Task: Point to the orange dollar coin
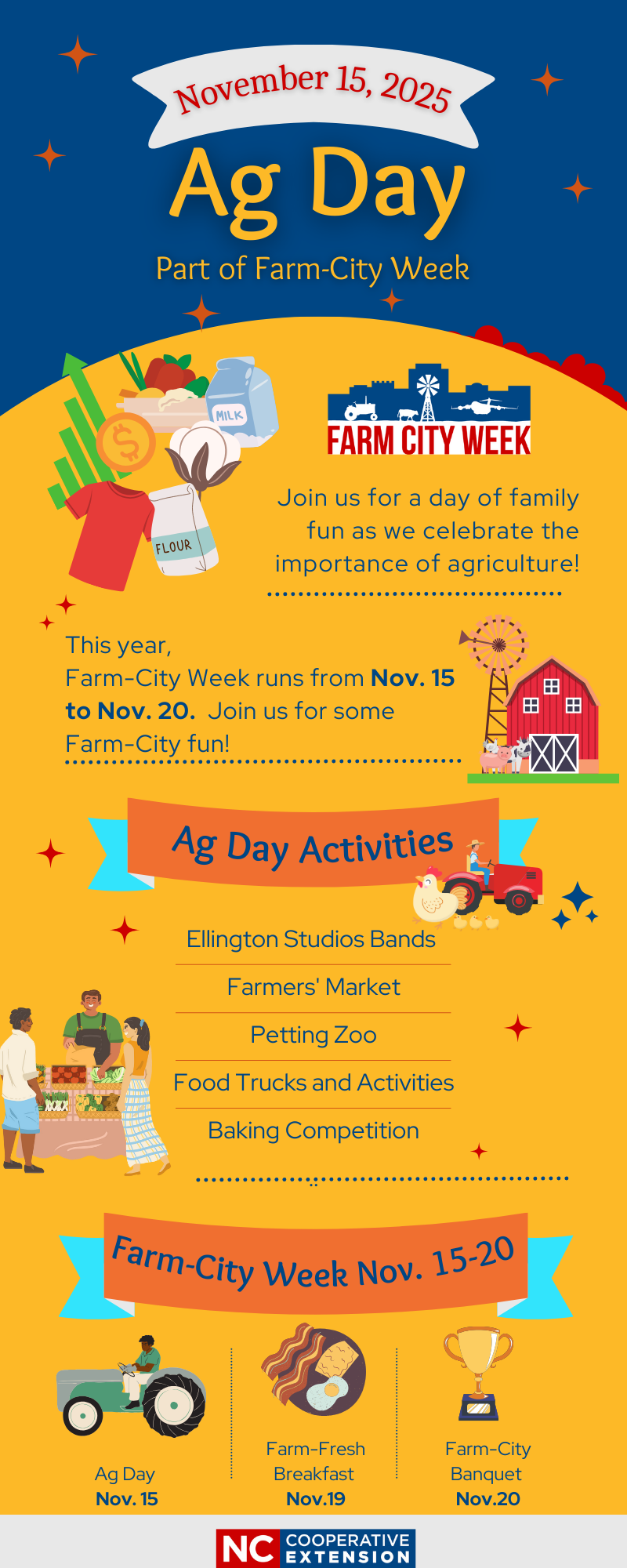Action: (x=126, y=443)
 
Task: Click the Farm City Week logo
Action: (x=429, y=409)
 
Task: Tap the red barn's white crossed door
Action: (x=554, y=753)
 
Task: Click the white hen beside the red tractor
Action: (x=436, y=895)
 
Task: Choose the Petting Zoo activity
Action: (x=313, y=1035)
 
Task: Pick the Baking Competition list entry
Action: (x=313, y=1131)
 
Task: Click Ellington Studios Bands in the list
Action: (x=311, y=939)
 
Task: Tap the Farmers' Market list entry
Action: (x=313, y=987)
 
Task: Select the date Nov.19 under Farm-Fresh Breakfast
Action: (x=316, y=1499)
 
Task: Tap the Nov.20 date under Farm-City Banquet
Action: (x=487, y=1499)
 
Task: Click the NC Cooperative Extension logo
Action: (x=316, y=1548)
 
